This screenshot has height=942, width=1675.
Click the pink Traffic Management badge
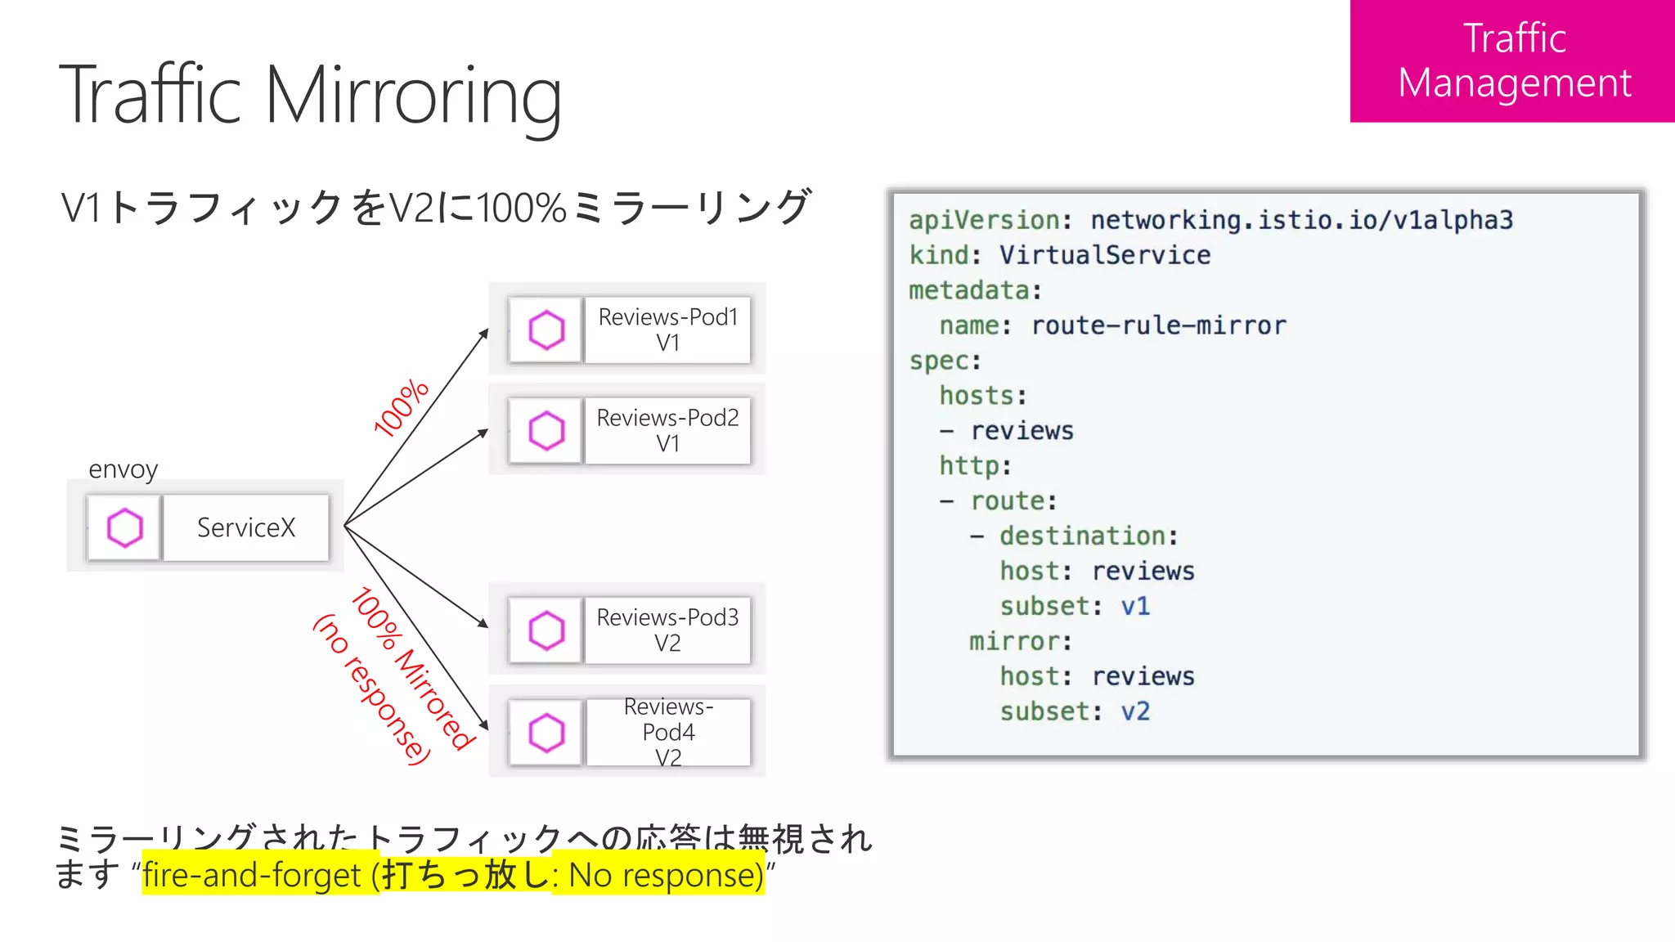click(x=1513, y=61)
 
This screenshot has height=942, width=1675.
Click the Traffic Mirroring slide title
click(x=311, y=96)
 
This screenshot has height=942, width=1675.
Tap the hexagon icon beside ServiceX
click(x=125, y=527)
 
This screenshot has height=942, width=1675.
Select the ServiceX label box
click(x=246, y=527)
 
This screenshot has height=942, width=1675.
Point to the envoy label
click(x=123, y=469)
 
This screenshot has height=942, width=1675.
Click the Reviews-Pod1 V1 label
click(x=667, y=330)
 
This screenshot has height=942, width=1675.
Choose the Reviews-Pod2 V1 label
click(x=667, y=431)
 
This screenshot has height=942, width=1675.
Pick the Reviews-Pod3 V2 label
click(x=667, y=630)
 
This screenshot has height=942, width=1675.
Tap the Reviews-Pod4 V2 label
click(x=667, y=732)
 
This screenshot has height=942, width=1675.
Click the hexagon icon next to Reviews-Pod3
click(x=546, y=630)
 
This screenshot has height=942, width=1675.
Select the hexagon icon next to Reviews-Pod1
click(x=546, y=330)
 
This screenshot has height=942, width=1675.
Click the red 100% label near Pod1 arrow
click(x=401, y=407)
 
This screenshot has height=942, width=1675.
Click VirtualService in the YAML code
click(x=1104, y=255)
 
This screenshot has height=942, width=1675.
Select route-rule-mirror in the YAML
click(x=1158, y=325)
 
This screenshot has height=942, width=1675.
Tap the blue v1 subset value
click(x=1135, y=606)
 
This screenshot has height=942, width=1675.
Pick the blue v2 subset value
click(x=1135, y=711)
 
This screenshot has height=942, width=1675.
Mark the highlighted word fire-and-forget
click(x=251, y=875)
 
